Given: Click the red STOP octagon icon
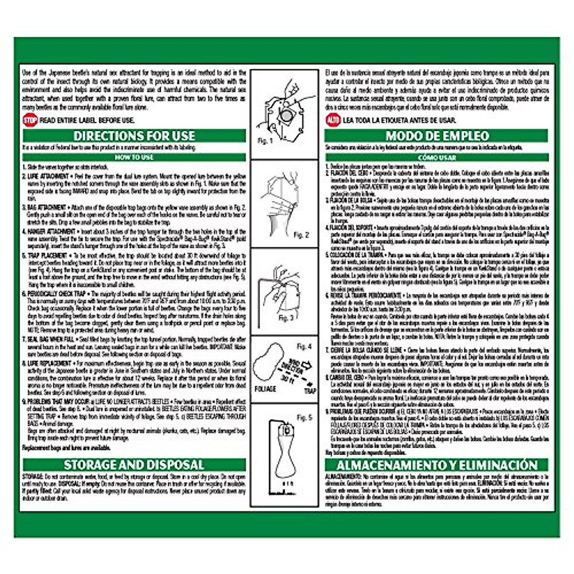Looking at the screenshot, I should [30, 120].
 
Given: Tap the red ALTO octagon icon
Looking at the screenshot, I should [333, 120].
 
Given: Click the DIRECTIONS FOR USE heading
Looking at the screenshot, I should [134, 136].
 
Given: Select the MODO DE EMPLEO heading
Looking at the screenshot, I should [437, 136].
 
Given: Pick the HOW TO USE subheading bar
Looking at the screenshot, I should [134, 157].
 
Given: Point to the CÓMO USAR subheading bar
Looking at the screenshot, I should [437, 157].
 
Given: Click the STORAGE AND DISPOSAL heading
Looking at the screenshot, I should [134, 464].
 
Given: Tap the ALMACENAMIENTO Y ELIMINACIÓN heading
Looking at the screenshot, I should [437, 465].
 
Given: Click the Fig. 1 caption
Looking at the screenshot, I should [265, 141].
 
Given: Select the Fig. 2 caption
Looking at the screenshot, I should [301, 235].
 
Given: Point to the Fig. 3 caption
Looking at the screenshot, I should [286, 318].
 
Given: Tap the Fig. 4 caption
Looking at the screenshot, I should [304, 346].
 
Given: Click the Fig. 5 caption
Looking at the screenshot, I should [304, 418].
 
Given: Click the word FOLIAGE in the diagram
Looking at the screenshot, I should [265, 389].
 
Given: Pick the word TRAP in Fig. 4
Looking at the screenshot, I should [310, 391].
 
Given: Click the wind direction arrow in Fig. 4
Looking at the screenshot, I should [305, 366].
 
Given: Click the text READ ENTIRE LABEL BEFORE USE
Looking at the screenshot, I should [87, 121].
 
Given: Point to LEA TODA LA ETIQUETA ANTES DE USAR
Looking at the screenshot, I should [399, 121].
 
